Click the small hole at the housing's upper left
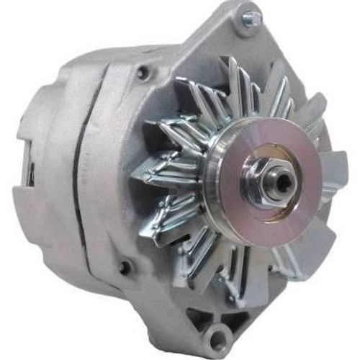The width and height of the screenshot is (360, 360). (145, 73)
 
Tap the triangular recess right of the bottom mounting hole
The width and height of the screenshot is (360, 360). (248, 317)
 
